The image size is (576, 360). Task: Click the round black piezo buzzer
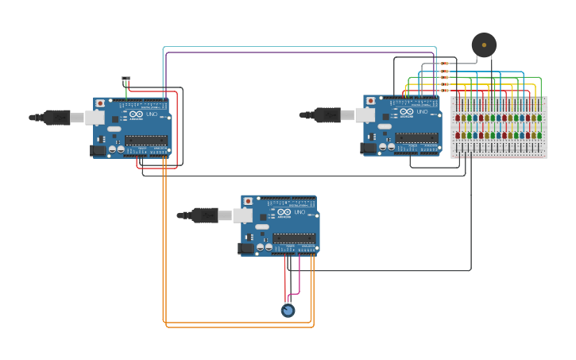483,45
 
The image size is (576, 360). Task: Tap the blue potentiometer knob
288,310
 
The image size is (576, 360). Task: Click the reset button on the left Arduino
99,103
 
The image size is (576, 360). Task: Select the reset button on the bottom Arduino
247,202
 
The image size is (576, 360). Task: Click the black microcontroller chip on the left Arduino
146,141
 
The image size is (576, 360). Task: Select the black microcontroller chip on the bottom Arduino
294,238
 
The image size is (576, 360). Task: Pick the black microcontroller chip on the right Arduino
416,138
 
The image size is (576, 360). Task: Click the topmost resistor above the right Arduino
444,64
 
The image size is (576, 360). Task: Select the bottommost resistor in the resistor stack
444,91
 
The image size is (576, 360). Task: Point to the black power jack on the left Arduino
99,149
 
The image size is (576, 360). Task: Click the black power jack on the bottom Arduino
246,248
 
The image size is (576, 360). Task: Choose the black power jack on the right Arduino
369,147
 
